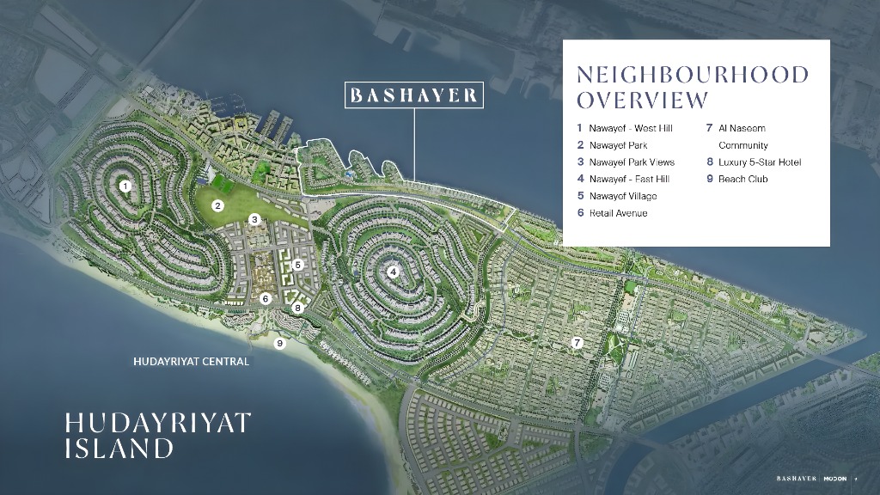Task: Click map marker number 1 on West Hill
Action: (x=125, y=186)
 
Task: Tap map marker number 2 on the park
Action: (x=218, y=205)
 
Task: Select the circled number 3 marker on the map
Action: (x=254, y=220)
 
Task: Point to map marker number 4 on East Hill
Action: (x=393, y=272)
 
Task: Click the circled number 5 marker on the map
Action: (x=297, y=265)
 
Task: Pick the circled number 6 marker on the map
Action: (x=266, y=299)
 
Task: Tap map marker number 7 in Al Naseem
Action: (x=577, y=343)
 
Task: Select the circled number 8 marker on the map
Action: (x=297, y=308)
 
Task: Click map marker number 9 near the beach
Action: (x=279, y=344)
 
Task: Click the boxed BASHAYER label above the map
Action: (x=413, y=95)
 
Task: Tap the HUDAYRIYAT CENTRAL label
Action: (x=191, y=362)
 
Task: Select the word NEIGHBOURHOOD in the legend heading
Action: (x=693, y=75)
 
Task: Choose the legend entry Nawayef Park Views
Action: (x=632, y=162)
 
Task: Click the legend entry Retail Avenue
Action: (x=618, y=213)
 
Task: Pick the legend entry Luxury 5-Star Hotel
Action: (x=760, y=162)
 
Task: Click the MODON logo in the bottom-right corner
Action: (x=838, y=478)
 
